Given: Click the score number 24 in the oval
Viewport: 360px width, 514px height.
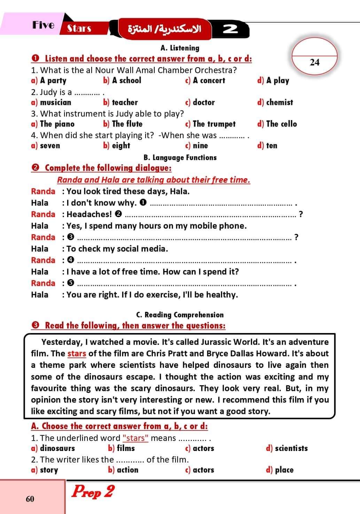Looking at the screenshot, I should click(x=314, y=62).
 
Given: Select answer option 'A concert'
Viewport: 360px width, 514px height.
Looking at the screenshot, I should click(x=209, y=80).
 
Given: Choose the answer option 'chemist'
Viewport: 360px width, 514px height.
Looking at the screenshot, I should click(x=279, y=102).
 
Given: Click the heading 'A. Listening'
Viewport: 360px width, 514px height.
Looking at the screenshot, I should click(x=180, y=48).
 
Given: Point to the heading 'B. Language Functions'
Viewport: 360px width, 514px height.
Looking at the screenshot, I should click(x=180, y=157).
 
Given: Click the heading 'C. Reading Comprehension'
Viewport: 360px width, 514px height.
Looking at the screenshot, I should click(x=180, y=315).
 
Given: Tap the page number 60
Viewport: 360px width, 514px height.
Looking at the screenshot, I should click(x=30, y=499).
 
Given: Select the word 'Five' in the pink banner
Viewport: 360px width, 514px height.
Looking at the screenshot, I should click(x=44, y=25).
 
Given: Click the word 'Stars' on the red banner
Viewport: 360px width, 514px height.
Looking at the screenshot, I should click(x=79, y=28).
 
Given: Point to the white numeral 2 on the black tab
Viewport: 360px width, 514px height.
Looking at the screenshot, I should click(x=230, y=29).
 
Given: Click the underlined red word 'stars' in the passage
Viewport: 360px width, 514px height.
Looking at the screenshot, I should click(x=77, y=354).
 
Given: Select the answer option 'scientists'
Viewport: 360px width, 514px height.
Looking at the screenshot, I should click(x=291, y=448).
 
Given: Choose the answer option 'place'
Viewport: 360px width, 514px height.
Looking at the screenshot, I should click(x=284, y=470).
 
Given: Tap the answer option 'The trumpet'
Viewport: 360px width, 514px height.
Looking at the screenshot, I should click(x=214, y=124).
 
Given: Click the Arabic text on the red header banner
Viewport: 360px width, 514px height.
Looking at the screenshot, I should click(x=165, y=29).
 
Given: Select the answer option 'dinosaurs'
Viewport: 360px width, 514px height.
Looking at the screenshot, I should click(x=57, y=448).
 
